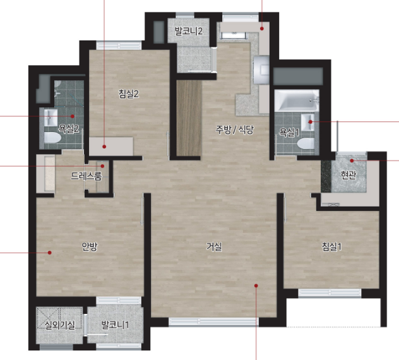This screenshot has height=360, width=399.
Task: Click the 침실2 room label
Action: [x=129, y=94]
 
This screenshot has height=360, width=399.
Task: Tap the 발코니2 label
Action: [x=189, y=31]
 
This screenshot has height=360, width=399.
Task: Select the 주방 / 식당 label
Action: [x=235, y=129]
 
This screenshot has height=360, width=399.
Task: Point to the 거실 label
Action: [x=214, y=246]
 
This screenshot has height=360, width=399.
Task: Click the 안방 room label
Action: [x=90, y=246]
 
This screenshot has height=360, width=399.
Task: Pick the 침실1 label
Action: [x=331, y=246]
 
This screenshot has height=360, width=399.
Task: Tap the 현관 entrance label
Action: [x=348, y=175]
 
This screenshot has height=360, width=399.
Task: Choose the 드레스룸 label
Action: [x=86, y=176]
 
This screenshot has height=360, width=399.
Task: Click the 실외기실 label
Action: [x=59, y=325]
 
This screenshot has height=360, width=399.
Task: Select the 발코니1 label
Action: [x=115, y=325]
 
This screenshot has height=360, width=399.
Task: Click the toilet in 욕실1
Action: [x=306, y=144]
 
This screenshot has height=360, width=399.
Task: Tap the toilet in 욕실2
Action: [x=52, y=138]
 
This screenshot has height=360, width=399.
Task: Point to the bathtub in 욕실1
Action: [x=297, y=100]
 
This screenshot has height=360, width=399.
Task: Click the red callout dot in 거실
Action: [x=256, y=285]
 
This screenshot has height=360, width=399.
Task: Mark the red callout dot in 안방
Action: [x=50, y=253]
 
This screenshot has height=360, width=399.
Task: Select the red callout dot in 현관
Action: [x=352, y=160]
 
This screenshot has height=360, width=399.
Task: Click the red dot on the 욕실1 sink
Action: [x=310, y=122]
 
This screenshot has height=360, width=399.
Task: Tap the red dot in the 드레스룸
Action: [x=102, y=166]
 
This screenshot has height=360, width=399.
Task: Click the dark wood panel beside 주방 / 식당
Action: [x=189, y=118]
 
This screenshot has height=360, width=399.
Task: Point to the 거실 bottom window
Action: [x=214, y=322]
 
